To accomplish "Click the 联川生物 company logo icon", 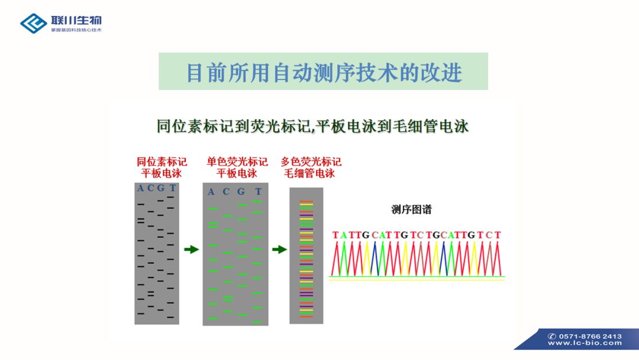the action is click(33, 23).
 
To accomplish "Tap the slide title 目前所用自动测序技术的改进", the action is click(324, 73).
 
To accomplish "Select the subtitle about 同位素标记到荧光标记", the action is click(312, 126).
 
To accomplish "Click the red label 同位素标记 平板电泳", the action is click(162, 168).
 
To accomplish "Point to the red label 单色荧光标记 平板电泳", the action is click(237, 168).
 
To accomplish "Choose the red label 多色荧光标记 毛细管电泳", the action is click(311, 168).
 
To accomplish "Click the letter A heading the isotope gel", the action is click(141, 188).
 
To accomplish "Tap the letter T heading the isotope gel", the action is click(173, 188).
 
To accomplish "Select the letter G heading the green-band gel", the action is click(241, 192).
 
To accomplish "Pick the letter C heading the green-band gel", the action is click(226, 192).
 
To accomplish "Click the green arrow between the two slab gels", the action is click(192, 249).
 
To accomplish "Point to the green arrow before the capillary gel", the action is click(279, 249).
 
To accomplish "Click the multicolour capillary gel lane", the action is click(306, 256).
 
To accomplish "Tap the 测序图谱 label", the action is click(411, 210).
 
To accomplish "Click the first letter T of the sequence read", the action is click(335, 235).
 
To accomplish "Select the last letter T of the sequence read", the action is click(497, 235).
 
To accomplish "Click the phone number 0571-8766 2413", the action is click(590, 336).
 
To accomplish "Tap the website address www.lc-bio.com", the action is click(585, 343).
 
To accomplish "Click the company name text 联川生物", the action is click(76, 20).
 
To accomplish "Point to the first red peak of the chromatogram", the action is click(336, 259).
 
